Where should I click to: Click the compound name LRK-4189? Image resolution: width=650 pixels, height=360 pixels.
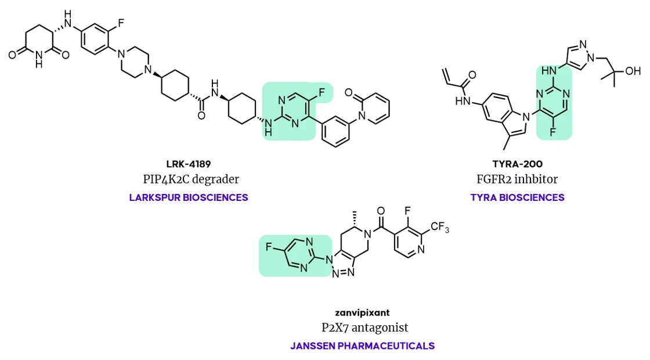pyautogui.click(x=189, y=164)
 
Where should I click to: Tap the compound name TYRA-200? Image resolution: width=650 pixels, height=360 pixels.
pyautogui.click(x=517, y=164)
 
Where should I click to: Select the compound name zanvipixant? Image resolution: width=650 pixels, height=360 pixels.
pyautogui.click(x=362, y=313)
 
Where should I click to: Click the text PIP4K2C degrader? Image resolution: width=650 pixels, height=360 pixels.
pyautogui.click(x=191, y=179)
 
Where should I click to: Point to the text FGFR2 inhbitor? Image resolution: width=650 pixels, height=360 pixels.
pyautogui.click(x=517, y=179)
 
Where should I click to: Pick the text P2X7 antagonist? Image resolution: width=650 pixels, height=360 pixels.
pyautogui.click(x=365, y=327)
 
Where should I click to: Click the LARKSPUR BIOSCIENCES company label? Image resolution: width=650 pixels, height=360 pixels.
pyautogui.click(x=189, y=197)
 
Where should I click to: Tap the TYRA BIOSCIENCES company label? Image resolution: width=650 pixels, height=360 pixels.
pyautogui.click(x=517, y=197)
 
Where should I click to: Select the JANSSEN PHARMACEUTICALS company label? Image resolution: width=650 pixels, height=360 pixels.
pyautogui.click(x=362, y=346)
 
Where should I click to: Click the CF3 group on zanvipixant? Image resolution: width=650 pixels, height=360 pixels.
pyautogui.click(x=440, y=228)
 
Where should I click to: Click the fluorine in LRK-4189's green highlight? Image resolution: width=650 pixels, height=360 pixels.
pyautogui.click(x=322, y=93)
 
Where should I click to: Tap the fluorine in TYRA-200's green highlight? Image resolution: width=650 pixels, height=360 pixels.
pyautogui.click(x=553, y=132)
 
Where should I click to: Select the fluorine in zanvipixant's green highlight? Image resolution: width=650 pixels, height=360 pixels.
pyautogui.click(x=268, y=247)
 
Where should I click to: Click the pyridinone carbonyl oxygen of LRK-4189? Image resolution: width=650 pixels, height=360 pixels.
pyautogui.click(x=348, y=93)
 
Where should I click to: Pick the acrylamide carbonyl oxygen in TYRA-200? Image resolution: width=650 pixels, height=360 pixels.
pyautogui.click(x=472, y=75)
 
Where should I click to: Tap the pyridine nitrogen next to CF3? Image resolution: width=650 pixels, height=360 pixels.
pyautogui.click(x=421, y=250)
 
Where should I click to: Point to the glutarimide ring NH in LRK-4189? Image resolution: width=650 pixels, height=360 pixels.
pyautogui.click(x=39, y=59)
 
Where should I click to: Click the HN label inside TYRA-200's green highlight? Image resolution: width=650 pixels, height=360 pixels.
pyautogui.click(x=549, y=71)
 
